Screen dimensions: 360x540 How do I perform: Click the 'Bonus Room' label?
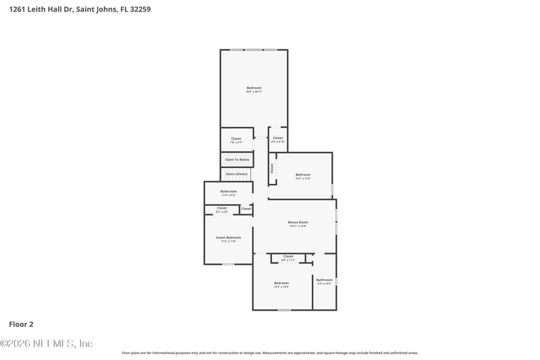pyautogui.click(x=298, y=222)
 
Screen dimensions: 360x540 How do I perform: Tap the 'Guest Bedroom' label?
pyautogui.click(x=228, y=237)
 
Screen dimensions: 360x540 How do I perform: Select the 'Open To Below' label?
pyautogui.click(x=237, y=159)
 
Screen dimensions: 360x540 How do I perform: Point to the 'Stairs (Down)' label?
pyautogui.click(x=237, y=174)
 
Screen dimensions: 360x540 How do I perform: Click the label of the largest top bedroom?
pyautogui.click(x=254, y=88)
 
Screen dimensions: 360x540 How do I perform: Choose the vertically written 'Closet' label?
pyautogui.click(x=272, y=169)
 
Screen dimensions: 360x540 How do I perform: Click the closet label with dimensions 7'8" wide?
pyautogui.click(x=236, y=138)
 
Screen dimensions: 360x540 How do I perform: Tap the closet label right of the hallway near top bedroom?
pyautogui.click(x=277, y=138)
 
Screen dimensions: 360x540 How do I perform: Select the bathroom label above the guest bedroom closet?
pyautogui.click(x=228, y=191)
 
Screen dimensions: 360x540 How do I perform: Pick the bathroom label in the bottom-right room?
pyautogui.click(x=324, y=280)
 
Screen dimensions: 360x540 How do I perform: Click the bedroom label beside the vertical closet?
pyautogui.click(x=302, y=175)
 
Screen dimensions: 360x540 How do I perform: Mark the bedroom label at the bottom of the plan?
pyautogui.click(x=281, y=282)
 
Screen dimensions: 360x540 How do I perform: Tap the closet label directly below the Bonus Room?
pyautogui.click(x=288, y=256)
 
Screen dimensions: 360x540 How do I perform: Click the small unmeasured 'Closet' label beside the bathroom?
pyautogui.click(x=246, y=209)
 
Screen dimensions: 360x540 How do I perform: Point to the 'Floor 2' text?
pyautogui.click(x=21, y=324)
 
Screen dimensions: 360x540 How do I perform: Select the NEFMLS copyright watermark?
pyautogui.click(x=47, y=344)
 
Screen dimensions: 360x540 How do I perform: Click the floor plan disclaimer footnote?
pyautogui.click(x=269, y=353)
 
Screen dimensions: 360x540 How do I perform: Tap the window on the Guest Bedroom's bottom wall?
pyautogui.click(x=228, y=264)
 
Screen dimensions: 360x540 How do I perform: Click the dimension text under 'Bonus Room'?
pyautogui.click(x=298, y=226)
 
